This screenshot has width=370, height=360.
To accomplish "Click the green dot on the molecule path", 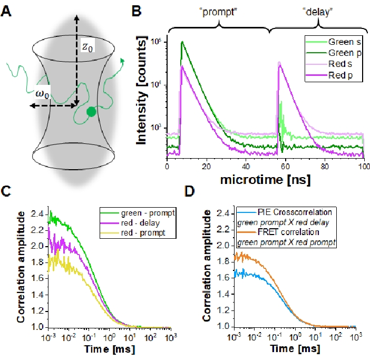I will tap(91, 111).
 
